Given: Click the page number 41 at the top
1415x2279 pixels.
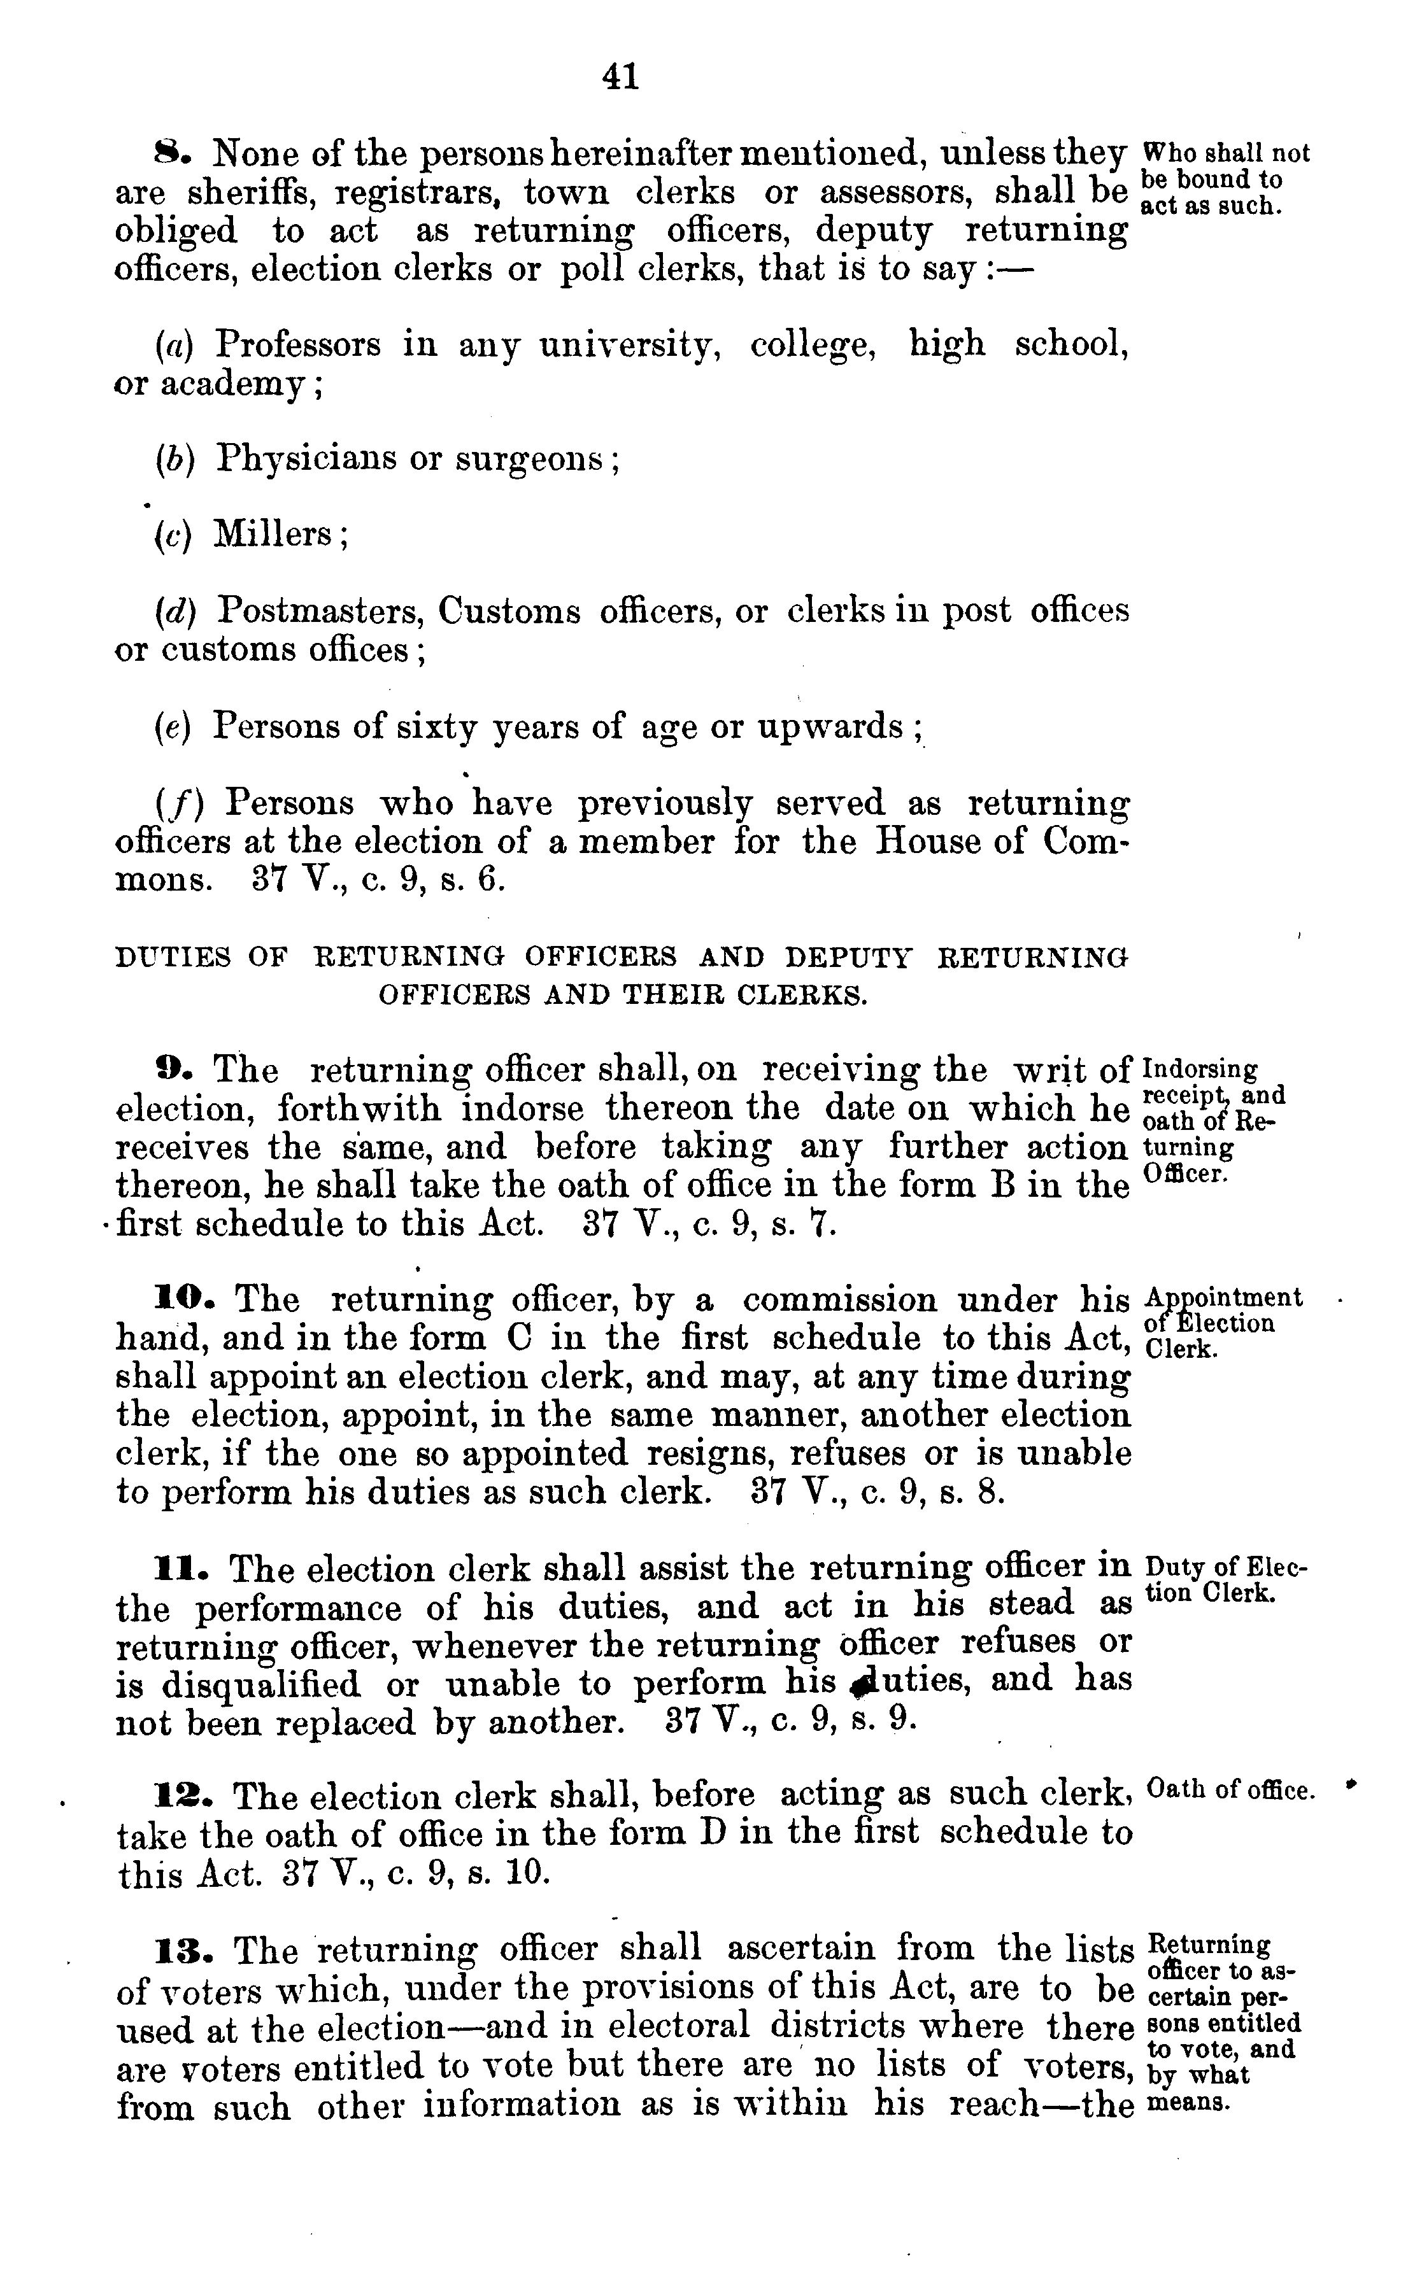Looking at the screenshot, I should (x=622, y=76).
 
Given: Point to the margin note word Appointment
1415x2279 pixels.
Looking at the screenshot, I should (x=1223, y=1299).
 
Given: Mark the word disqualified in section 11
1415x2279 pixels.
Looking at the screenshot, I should (x=261, y=1685).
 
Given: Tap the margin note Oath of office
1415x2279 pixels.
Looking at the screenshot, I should (x=1230, y=1791).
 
